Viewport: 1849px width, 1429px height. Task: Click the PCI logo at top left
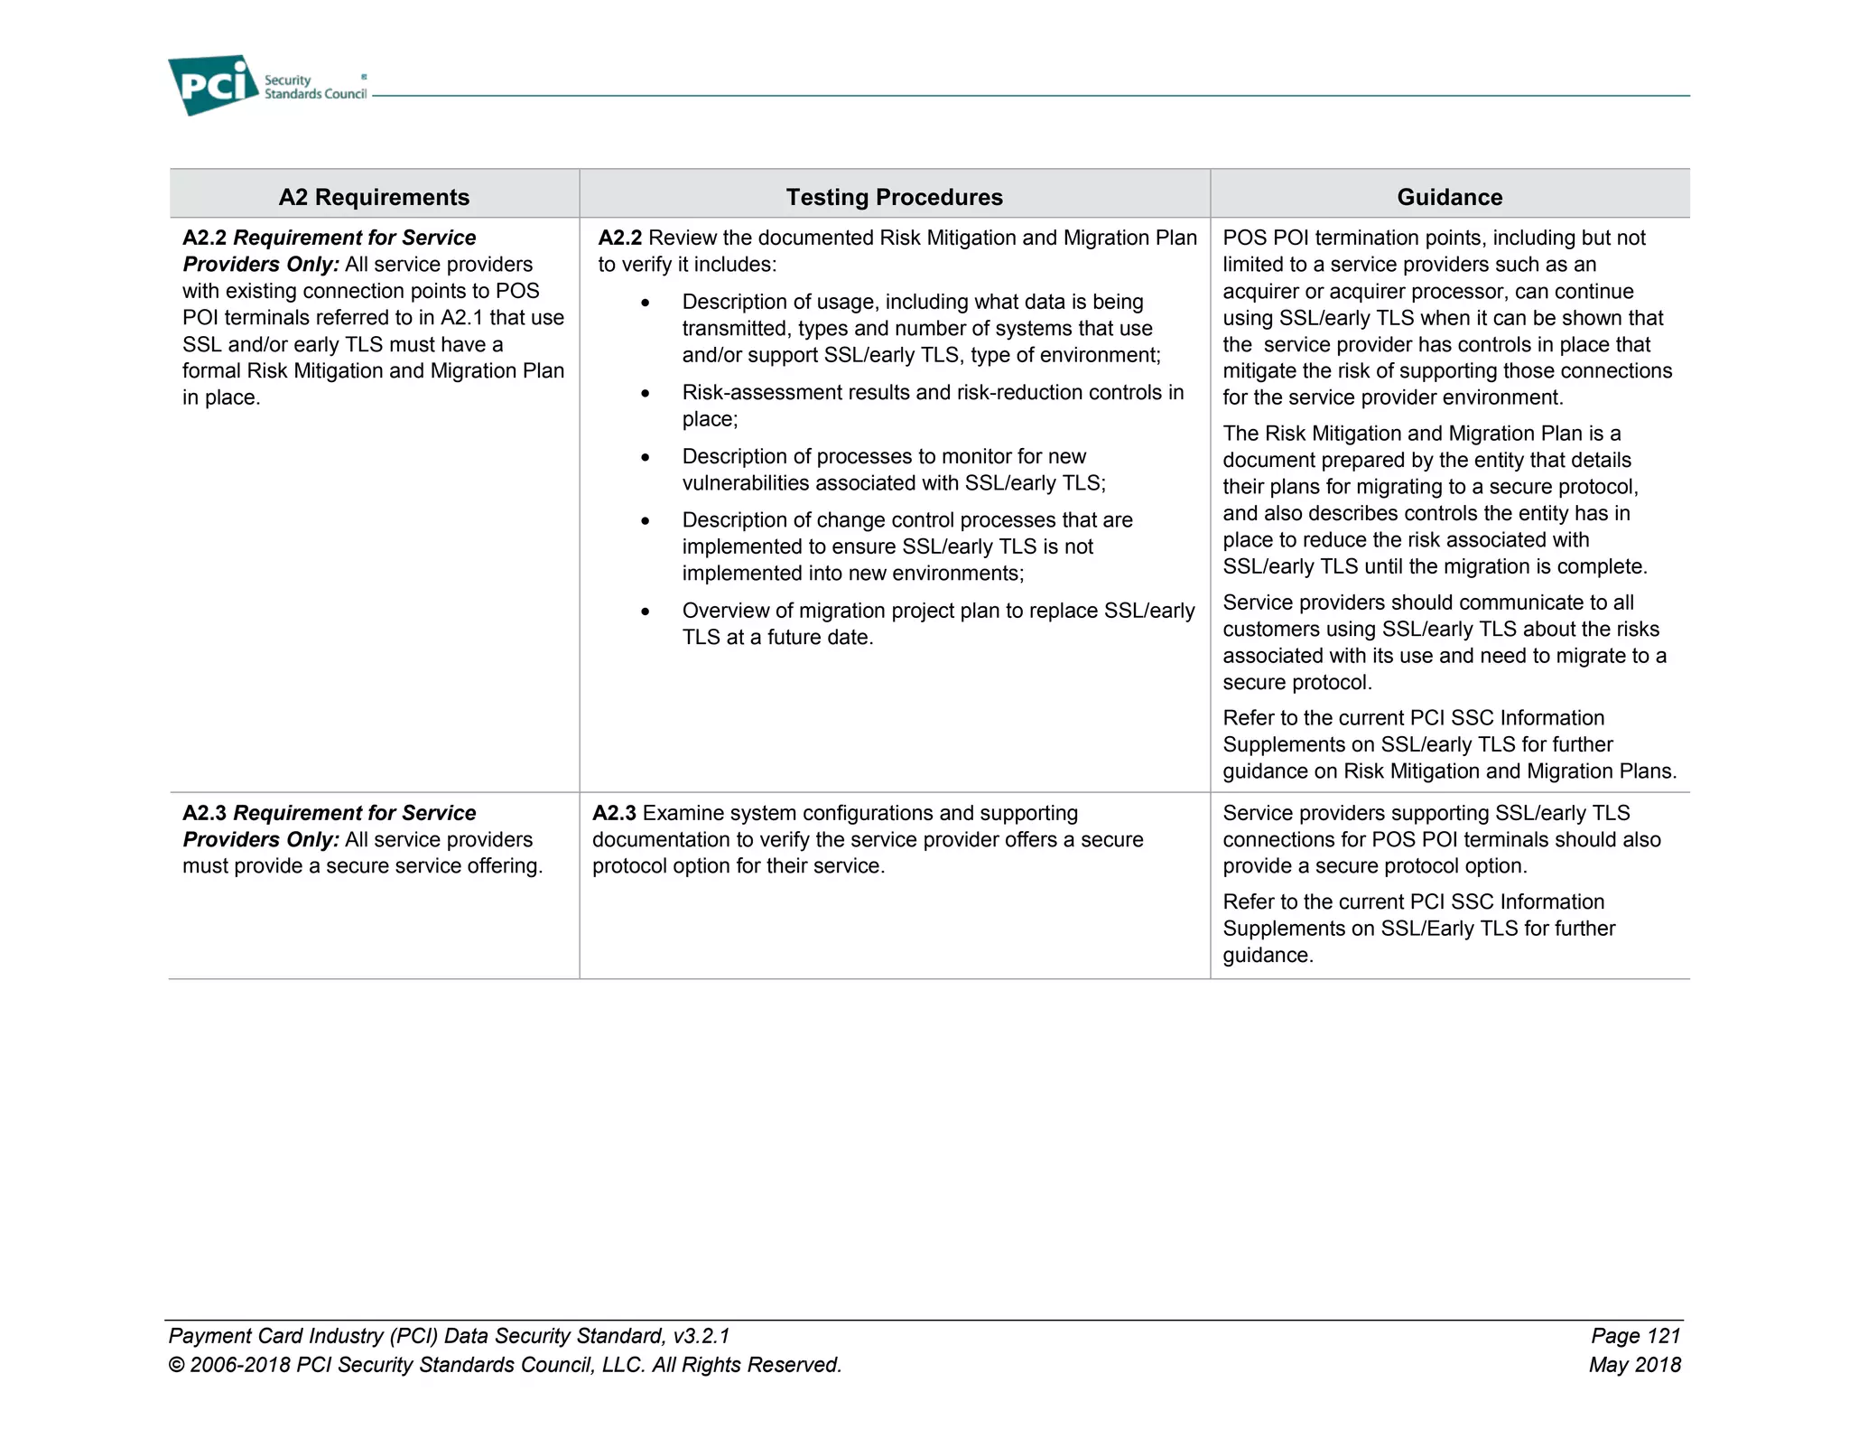coord(213,84)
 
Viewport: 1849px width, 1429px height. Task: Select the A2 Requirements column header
coord(374,197)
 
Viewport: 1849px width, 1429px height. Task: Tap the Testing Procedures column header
coord(894,197)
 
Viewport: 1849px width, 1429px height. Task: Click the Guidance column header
coord(1449,197)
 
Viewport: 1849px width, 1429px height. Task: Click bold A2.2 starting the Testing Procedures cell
coord(619,238)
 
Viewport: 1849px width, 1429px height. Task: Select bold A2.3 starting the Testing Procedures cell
coord(614,813)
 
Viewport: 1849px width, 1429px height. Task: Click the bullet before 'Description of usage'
coord(645,304)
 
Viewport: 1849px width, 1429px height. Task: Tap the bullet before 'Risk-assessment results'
coord(645,394)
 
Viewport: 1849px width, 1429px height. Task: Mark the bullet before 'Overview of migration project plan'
coord(645,612)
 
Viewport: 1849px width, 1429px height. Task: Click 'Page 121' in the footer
coord(1635,1336)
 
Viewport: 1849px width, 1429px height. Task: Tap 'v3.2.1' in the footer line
coord(701,1336)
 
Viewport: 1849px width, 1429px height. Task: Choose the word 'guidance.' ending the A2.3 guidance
coord(1268,956)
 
